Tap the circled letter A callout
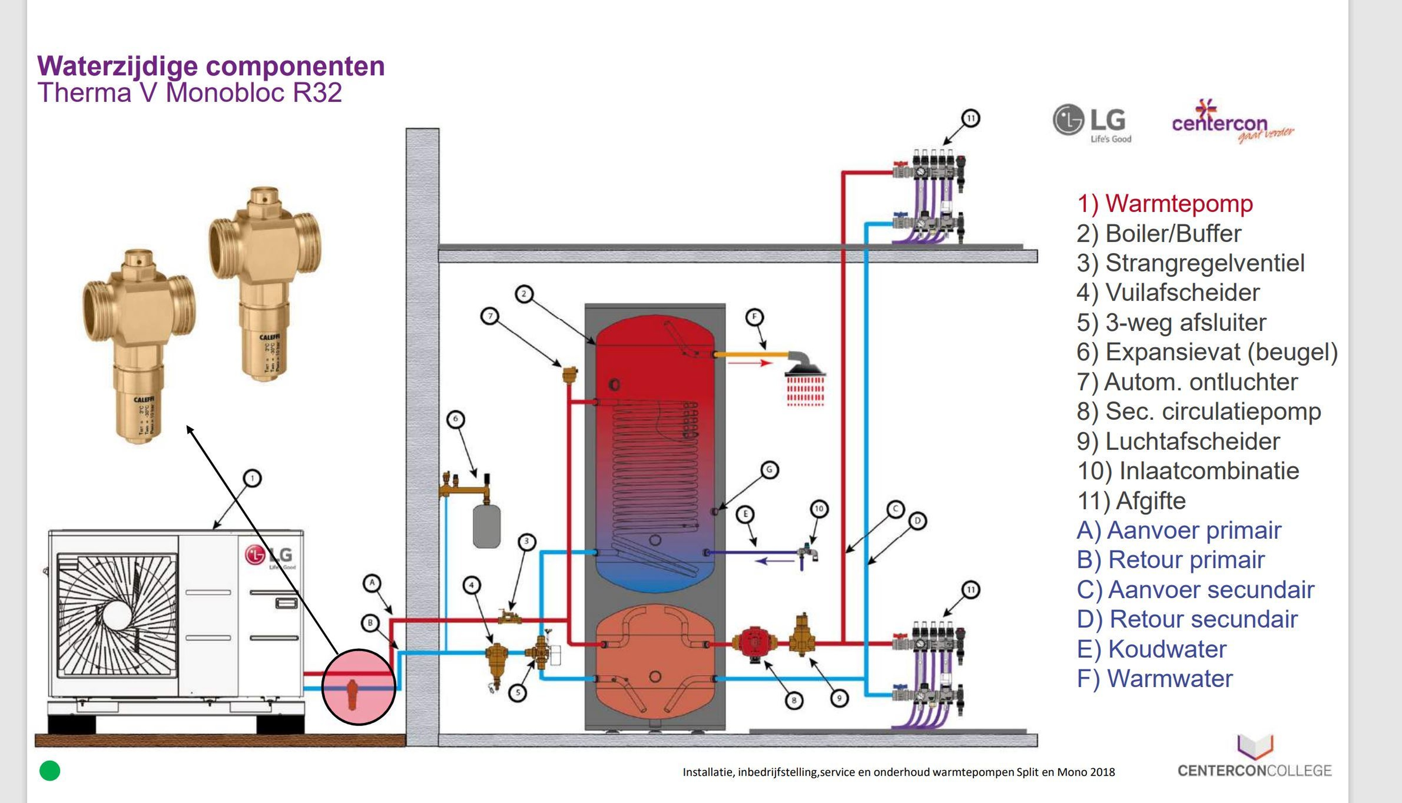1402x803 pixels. coord(372,582)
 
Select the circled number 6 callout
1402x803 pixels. coord(455,419)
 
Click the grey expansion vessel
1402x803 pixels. coord(486,527)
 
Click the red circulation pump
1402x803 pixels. coord(754,643)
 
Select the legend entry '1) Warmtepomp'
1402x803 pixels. coord(1165,203)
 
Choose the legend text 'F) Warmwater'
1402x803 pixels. coord(1154,678)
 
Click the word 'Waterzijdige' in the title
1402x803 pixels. coord(117,66)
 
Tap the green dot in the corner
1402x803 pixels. coord(50,771)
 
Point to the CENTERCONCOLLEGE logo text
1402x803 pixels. coord(1254,771)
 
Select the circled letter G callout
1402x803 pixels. coord(769,470)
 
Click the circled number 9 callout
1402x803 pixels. coord(839,698)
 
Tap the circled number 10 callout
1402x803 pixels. coord(819,509)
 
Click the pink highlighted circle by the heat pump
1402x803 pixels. coord(359,687)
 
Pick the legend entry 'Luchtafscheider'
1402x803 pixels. coord(1178,441)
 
